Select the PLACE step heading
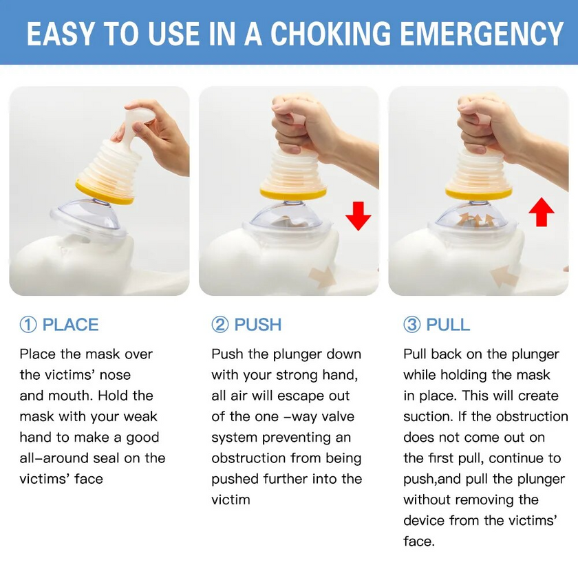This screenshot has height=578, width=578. (x=70, y=325)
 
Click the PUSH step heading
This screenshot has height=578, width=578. (x=258, y=325)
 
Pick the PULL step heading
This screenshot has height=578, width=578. (x=448, y=325)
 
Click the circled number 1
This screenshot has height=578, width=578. (x=28, y=325)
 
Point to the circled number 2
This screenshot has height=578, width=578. (x=220, y=325)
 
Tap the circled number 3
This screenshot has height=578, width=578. (x=411, y=325)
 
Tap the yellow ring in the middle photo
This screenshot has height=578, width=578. (x=292, y=192)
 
